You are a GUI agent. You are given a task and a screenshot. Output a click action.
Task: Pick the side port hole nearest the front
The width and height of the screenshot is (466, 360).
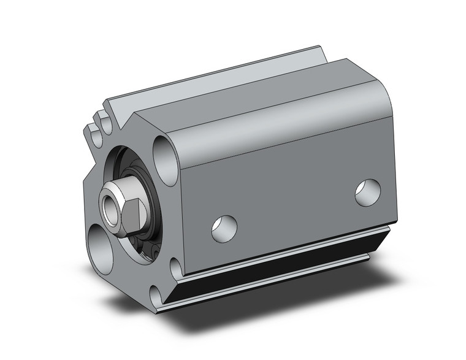(x=224, y=228)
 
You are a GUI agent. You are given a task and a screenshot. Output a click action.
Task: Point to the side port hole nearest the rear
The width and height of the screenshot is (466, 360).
(x=368, y=191)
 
